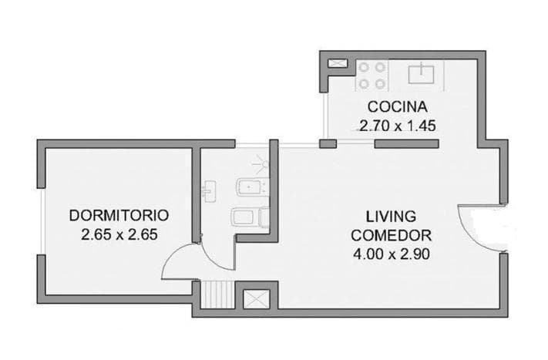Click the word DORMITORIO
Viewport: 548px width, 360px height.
[119, 215]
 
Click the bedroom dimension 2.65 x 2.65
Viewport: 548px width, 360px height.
[119, 234]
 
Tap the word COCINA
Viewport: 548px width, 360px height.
[396, 106]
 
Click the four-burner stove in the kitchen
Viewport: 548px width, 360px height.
[371, 75]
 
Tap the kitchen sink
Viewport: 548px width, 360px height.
[421, 73]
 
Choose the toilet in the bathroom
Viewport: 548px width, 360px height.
[248, 217]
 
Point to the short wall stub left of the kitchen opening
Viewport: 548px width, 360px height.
[328, 143]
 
